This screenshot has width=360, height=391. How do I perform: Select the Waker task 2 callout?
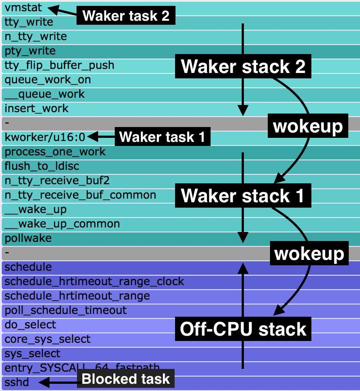click(x=126, y=16)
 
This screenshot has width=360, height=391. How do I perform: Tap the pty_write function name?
click(x=30, y=51)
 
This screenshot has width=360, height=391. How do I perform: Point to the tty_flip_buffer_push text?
click(x=59, y=65)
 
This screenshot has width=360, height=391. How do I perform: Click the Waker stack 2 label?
click(x=243, y=67)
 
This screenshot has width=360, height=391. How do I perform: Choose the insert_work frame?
click(x=36, y=109)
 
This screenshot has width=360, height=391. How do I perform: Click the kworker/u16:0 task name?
click(x=45, y=137)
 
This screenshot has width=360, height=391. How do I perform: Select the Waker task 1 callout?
click(x=162, y=137)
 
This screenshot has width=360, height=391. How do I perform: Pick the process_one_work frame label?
click(x=55, y=152)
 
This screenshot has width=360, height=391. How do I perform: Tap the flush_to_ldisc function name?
click(x=42, y=166)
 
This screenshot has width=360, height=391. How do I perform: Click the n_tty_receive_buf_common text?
click(x=81, y=195)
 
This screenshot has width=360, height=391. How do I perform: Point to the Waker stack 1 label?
click(x=243, y=196)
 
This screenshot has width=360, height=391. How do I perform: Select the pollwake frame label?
click(x=28, y=238)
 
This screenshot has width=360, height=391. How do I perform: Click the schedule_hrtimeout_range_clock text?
click(x=94, y=282)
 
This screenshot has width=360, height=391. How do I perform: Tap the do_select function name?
click(x=30, y=325)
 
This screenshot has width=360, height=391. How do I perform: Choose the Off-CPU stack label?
click(x=243, y=329)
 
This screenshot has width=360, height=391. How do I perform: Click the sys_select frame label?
click(x=32, y=354)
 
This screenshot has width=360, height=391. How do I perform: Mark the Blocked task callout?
click(x=126, y=379)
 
